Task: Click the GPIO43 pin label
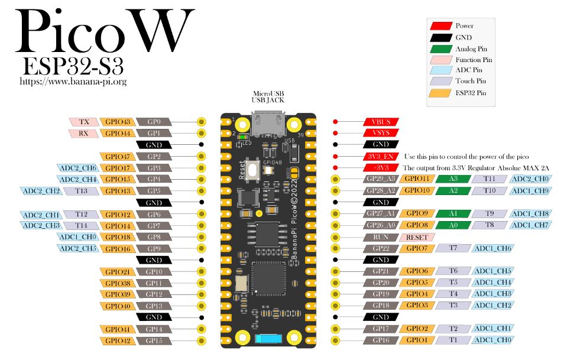coord(116,122)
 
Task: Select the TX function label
coord(83,122)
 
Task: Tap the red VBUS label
coord(381,122)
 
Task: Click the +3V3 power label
coord(381,167)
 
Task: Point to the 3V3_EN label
coord(381,156)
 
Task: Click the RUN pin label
coord(381,236)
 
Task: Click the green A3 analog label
coord(453,179)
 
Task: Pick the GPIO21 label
coord(116,271)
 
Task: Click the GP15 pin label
coord(154,340)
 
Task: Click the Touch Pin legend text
coord(471,81)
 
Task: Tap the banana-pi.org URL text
coord(73,82)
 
